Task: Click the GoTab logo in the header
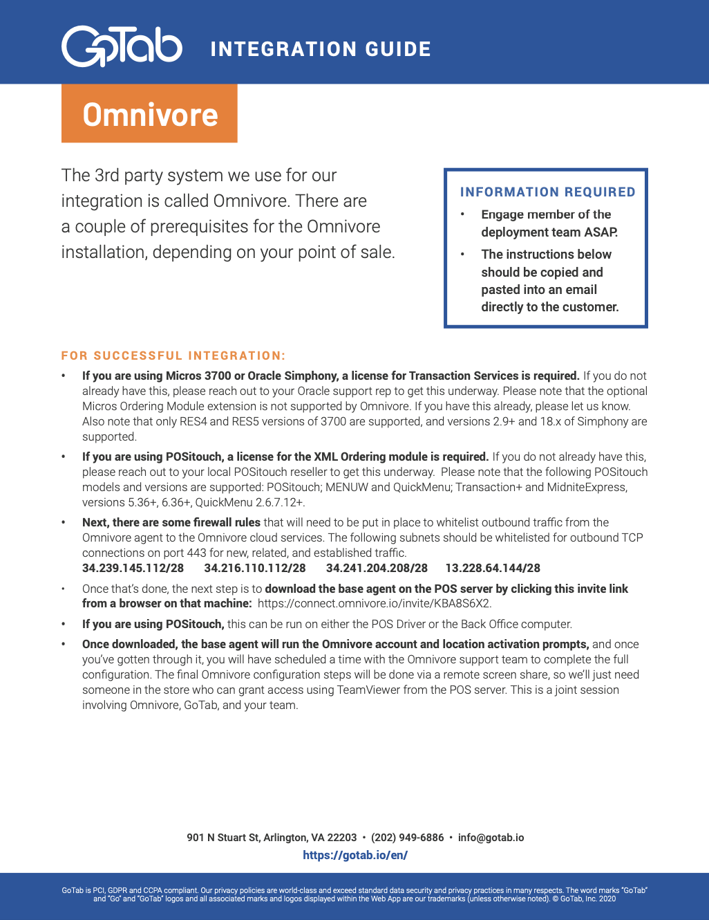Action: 122,46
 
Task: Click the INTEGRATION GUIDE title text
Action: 321,49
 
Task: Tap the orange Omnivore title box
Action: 149,114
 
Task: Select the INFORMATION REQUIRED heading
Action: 547,192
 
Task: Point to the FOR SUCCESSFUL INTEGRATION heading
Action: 173,356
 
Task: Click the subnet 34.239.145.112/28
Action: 133,568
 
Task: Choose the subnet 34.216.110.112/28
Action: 255,568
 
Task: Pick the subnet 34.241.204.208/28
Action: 377,568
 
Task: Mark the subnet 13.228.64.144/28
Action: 493,568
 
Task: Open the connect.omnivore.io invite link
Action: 374,603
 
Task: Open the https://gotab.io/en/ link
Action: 355,855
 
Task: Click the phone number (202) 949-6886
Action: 407,838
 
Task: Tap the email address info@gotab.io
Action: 491,838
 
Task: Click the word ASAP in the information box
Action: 603,232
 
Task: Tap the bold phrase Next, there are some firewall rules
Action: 171,522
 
